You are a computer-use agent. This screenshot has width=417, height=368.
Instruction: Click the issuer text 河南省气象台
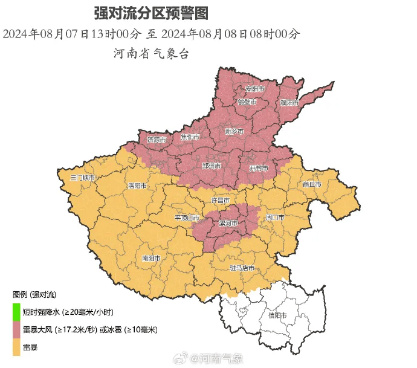pos(152,53)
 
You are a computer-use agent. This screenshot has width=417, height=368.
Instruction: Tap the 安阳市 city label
pos(254,89)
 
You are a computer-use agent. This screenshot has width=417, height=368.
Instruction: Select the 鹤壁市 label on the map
pos(247,102)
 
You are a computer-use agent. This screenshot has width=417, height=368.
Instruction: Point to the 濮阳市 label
pos(289,103)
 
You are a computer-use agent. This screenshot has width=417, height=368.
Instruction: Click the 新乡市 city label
pos(234,131)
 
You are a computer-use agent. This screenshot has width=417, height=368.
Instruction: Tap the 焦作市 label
pos(190,138)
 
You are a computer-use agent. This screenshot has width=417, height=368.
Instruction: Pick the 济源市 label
pos(156,140)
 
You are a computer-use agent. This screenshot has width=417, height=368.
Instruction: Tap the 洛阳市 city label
pos(137,186)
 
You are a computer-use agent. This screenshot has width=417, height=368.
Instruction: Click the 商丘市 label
pos(312,184)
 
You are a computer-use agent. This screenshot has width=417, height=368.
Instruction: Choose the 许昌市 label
pos(220,199)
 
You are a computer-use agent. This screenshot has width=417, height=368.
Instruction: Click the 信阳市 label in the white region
pos(277,315)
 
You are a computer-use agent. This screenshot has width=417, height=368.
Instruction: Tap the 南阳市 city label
pos(150,258)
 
